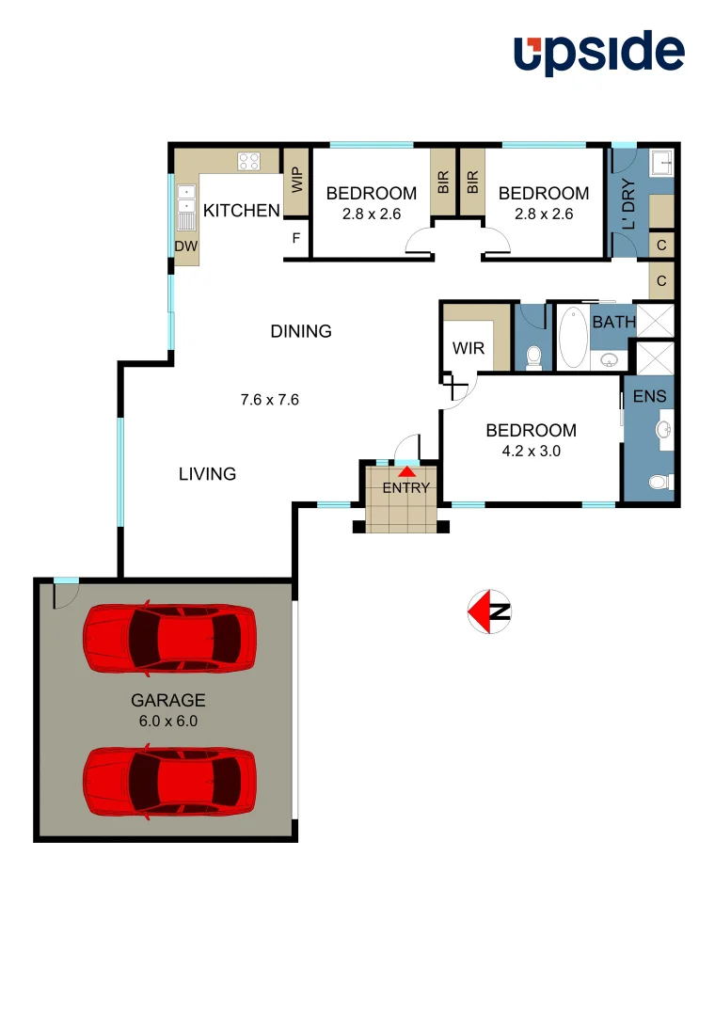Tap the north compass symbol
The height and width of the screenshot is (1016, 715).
pyautogui.click(x=489, y=611)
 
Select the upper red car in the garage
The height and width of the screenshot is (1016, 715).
pyautogui.click(x=169, y=638)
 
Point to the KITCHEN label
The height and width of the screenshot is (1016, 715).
pyautogui.click(x=242, y=210)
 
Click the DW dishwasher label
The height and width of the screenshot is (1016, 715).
pyautogui.click(x=187, y=246)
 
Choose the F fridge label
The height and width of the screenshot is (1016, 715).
pyautogui.click(x=296, y=238)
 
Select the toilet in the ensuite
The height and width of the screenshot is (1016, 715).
pyautogui.click(x=661, y=483)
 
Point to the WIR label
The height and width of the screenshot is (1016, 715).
pyautogui.click(x=469, y=349)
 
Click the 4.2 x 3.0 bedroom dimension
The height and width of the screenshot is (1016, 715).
pyautogui.click(x=531, y=451)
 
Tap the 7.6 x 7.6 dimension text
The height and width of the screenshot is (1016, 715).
pyautogui.click(x=270, y=399)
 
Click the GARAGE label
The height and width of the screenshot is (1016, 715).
pyautogui.click(x=167, y=700)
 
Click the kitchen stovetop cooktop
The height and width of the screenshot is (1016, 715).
pyautogui.click(x=248, y=161)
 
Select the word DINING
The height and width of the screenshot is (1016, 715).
pyautogui.click(x=301, y=331)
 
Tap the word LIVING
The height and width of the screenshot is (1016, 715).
pyautogui.click(x=207, y=474)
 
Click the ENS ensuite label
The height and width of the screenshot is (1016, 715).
pyautogui.click(x=649, y=397)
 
